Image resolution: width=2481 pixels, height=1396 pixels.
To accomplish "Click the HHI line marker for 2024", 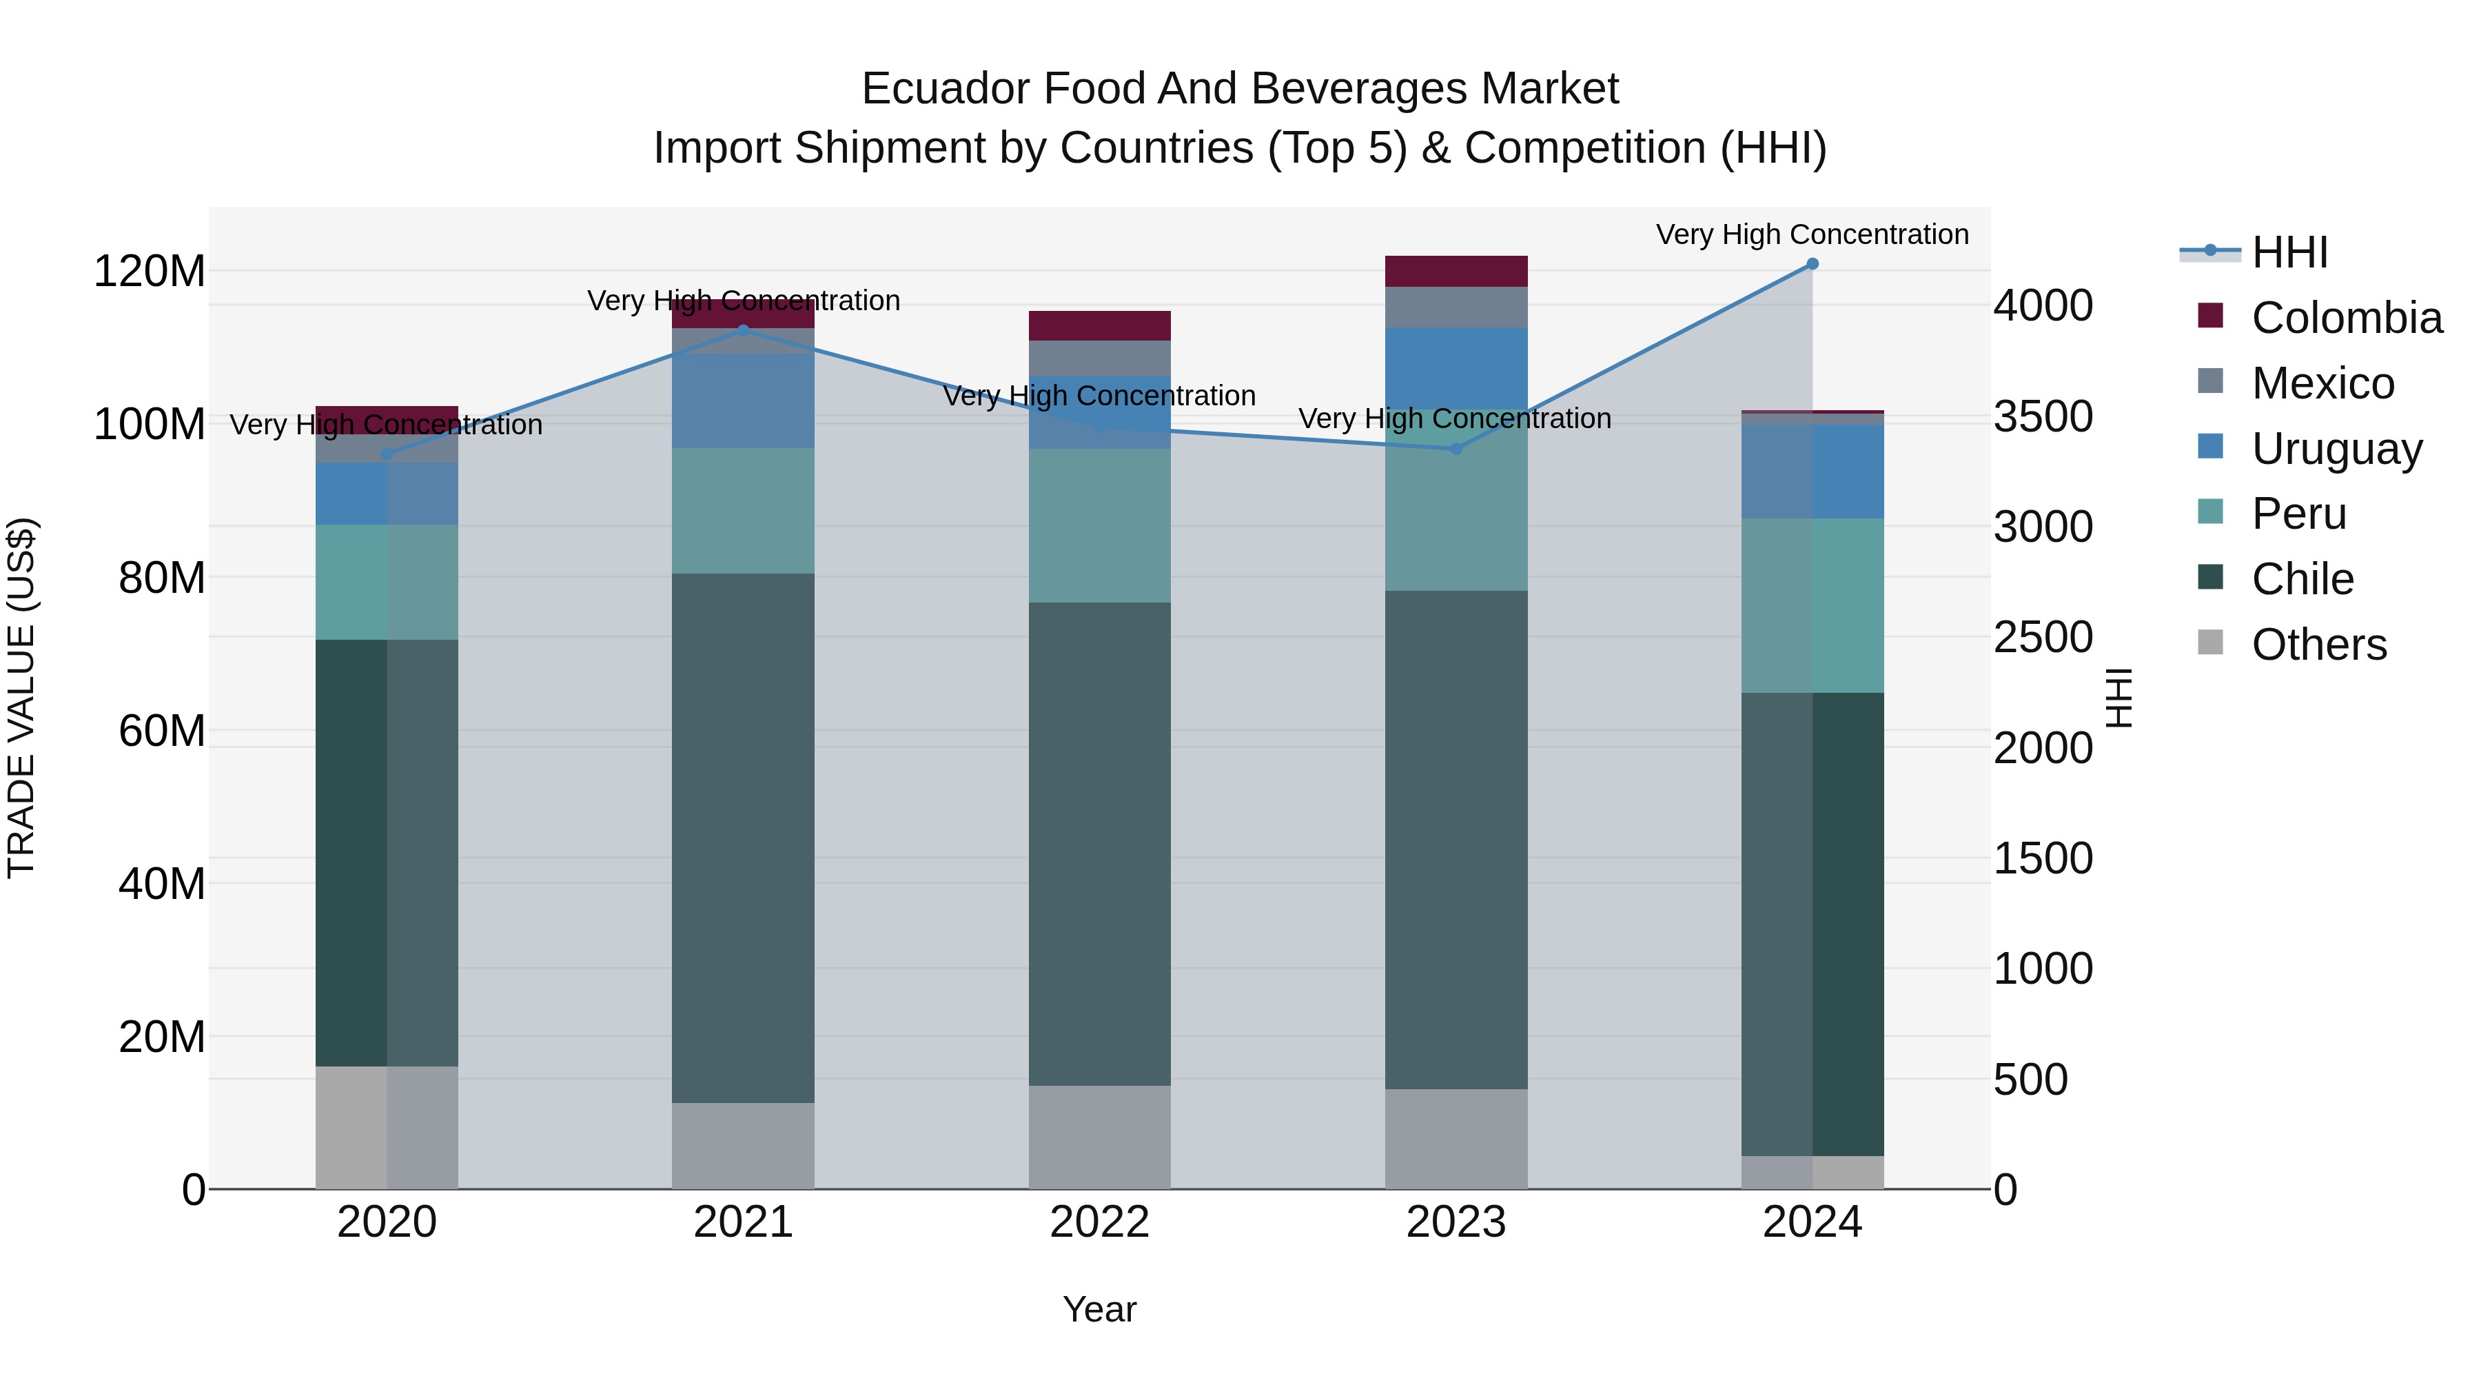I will tap(1812, 264).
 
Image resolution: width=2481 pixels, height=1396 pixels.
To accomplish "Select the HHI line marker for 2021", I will tap(742, 330).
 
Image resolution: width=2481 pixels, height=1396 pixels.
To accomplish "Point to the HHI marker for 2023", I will tap(1456, 448).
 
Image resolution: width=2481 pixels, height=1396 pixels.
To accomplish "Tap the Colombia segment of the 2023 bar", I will tap(1456, 271).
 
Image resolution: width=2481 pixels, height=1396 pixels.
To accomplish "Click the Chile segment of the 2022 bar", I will tap(1099, 843).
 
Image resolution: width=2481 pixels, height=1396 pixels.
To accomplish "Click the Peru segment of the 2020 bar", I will tap(386, 581).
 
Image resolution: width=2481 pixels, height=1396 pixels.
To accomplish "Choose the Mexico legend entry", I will tap(2322, 383).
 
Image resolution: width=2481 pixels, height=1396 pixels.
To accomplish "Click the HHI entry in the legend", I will tap(2289, 252).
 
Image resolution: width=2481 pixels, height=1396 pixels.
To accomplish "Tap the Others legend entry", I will tap(2318, 645).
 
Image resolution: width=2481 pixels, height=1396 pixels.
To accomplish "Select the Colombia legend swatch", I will tap(2210, 316).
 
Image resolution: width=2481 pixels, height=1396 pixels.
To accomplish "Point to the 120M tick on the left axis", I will tap(150, 271).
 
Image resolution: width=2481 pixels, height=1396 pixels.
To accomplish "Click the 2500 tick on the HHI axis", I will tap(2043, 637).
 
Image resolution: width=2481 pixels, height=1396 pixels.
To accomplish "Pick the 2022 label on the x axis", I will tap(1099, 1222).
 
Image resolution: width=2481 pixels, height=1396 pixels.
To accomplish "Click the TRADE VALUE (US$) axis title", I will tap(21, 698).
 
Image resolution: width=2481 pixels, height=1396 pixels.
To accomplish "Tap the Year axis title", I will tap(1099, 1309).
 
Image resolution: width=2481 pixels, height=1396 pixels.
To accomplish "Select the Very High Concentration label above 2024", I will tap(1812, 234).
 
